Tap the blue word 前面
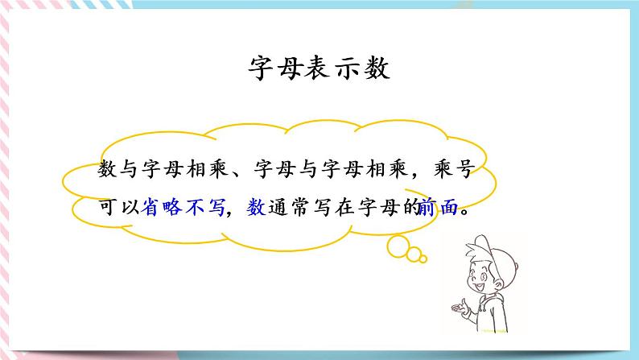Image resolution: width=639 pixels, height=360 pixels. coord(438,208)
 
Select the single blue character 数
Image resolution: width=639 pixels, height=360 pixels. coord(256,208)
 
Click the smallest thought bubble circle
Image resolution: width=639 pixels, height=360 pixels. coord(423,259)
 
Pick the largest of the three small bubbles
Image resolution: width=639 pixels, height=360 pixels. coord(398,242)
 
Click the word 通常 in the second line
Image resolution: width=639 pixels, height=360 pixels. coord(295,208)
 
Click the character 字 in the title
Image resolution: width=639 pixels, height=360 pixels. coord(258,69)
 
